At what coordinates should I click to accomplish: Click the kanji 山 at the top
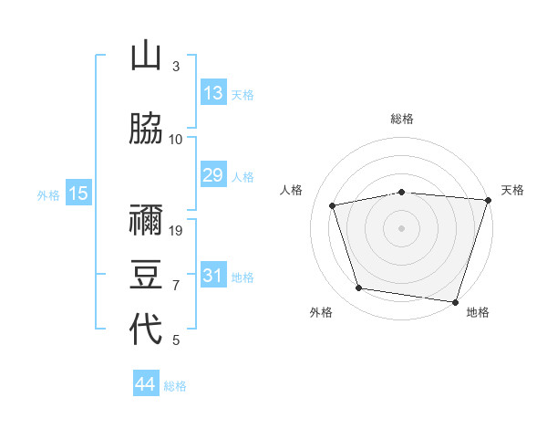146,57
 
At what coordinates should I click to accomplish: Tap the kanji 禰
146,218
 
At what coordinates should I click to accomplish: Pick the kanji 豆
146,274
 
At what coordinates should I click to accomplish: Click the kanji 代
146,330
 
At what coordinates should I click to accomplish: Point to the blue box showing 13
212,93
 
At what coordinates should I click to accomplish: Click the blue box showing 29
212,175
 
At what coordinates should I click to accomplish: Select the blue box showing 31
212,276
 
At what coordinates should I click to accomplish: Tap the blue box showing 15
77,193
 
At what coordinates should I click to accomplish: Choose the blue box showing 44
145,384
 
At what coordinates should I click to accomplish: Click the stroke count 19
177,231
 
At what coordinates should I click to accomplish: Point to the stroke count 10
176,140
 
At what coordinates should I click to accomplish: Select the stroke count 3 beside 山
176,67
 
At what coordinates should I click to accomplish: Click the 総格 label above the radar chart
402,119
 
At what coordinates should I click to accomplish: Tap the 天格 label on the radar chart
512,190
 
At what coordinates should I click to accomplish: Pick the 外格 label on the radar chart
321,312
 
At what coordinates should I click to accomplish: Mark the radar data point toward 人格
333,205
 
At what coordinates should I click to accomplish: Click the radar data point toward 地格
456,301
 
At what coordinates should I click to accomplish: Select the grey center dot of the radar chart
402,227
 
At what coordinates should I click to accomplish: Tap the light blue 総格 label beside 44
175,386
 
